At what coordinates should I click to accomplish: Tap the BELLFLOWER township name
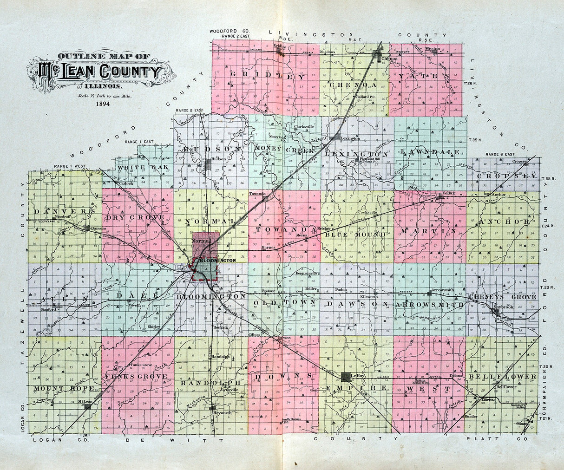click(x=502, y=376)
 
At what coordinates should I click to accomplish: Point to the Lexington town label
click(x=351, y=138)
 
